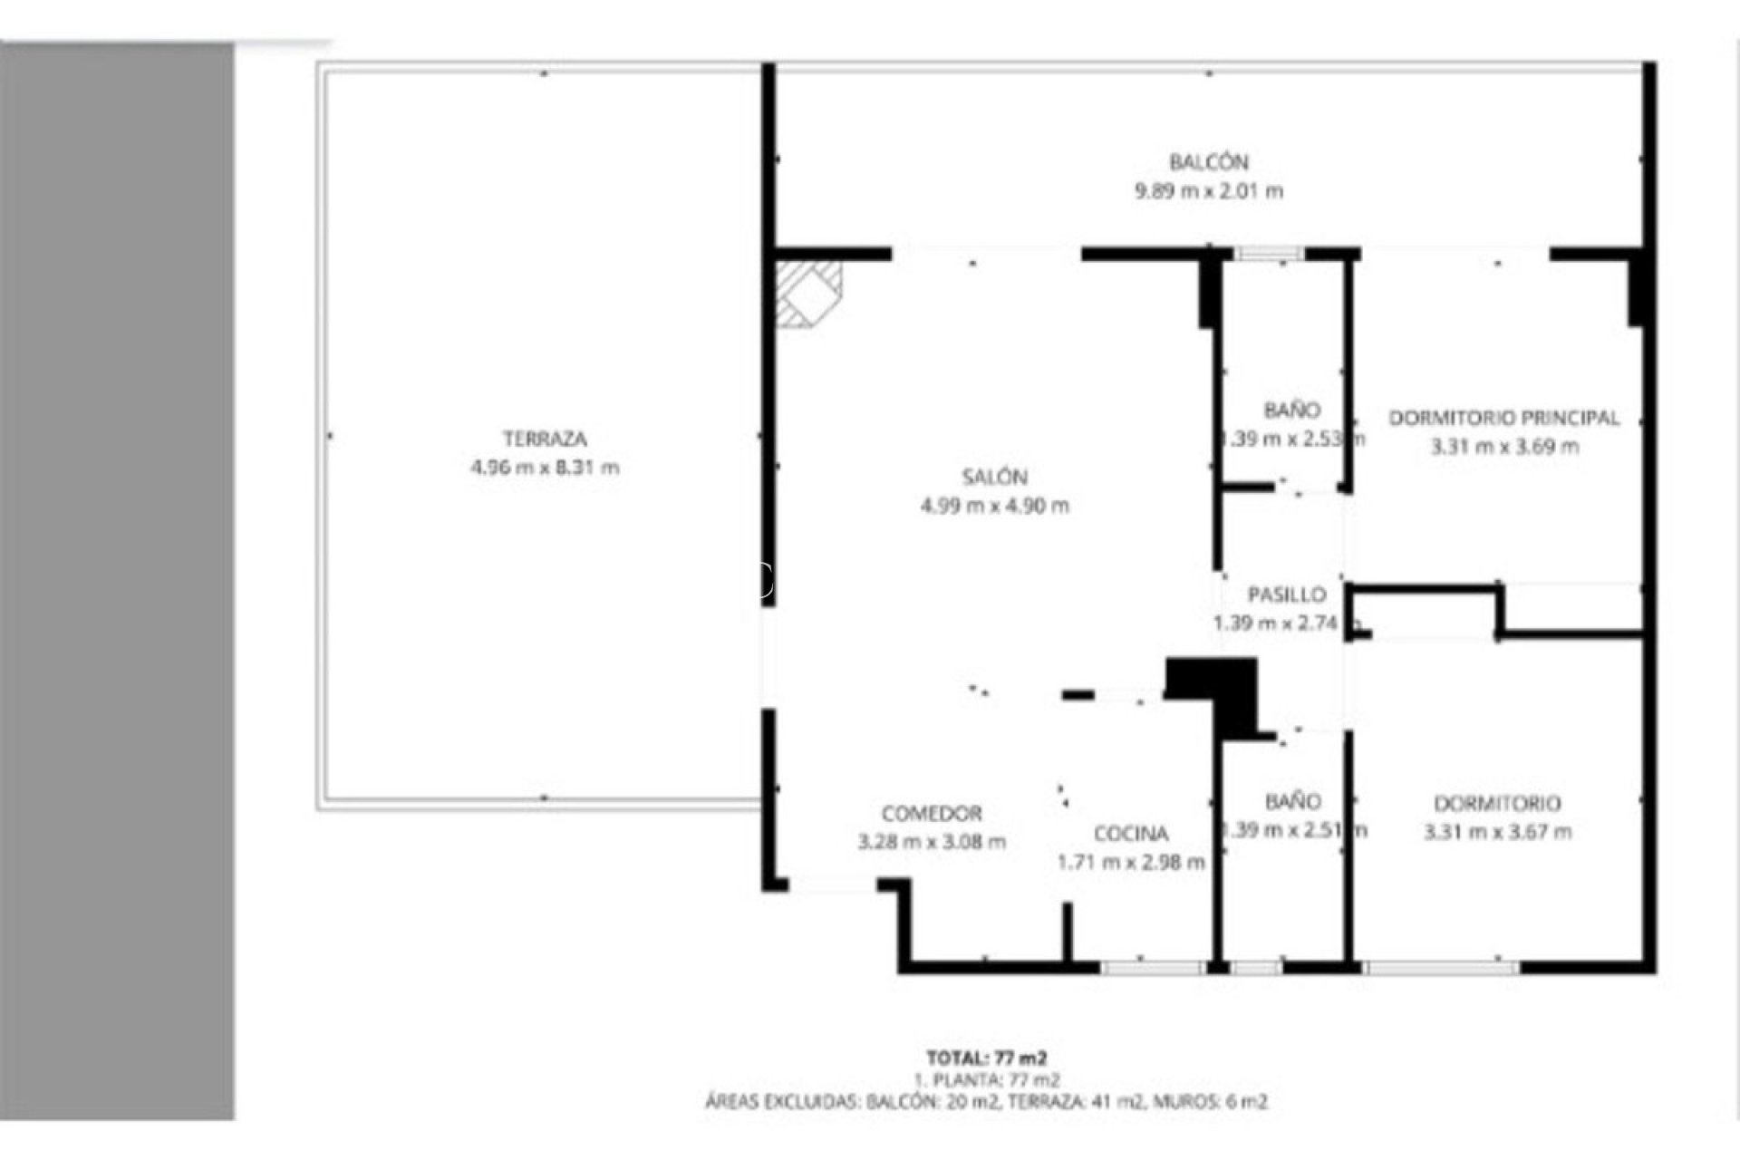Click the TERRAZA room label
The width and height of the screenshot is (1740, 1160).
(545, 439)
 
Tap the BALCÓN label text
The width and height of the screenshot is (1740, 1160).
(1208, 162)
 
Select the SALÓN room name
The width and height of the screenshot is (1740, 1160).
(994, 477)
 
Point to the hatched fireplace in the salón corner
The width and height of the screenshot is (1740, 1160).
(807, 294)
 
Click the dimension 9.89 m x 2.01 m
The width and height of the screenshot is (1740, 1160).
(1208, 191)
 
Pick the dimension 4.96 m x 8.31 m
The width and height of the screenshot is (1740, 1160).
(545, 468)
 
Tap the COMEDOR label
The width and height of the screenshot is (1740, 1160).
(931, 813)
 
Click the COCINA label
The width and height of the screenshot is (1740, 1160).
(1130, 833)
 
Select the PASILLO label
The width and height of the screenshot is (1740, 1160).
(1286, 594)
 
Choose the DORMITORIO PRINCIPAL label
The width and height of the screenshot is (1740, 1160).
(1503, 418)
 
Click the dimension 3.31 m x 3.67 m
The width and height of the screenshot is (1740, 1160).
(1497, 831)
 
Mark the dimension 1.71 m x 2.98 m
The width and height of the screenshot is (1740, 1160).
(1130, 862)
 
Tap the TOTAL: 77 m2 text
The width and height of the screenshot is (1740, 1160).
(986, 1057)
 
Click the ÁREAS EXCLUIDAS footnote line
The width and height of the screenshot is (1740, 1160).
(986, 1102)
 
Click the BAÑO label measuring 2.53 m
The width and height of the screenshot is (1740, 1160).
(1291, 410)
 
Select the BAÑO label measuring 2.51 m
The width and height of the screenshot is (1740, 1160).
(1291, 801)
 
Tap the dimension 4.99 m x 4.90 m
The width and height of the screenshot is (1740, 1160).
(994, 506)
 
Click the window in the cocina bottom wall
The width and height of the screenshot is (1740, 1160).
(1153, 967)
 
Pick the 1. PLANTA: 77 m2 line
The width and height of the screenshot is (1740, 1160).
(986, 1079)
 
